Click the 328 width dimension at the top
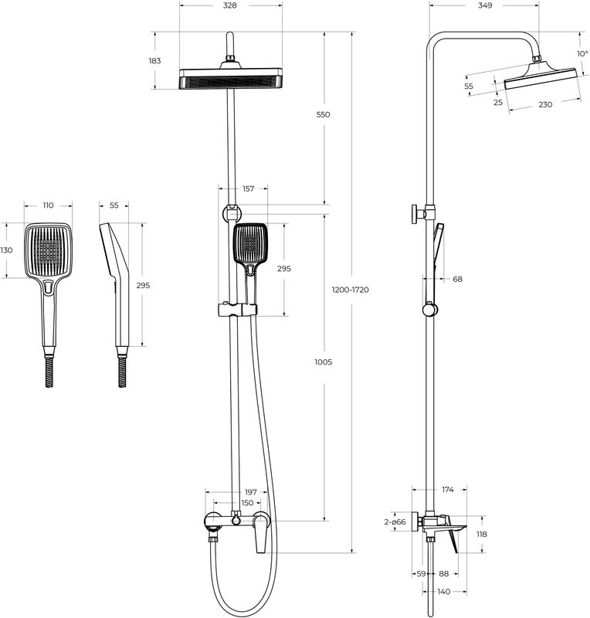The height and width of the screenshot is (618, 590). point(229,5)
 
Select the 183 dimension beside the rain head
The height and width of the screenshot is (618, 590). point(156,61)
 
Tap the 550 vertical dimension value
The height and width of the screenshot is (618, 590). point(323,114)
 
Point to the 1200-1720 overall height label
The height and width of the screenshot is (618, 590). point(351,290)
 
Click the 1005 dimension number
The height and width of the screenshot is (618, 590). point(323,362)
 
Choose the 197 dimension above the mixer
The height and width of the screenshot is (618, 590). point(250,491)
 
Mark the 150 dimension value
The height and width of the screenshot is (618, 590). point(247,503)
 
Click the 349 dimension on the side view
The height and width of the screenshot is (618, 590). point(485,5)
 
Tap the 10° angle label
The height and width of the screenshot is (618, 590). point(582,53)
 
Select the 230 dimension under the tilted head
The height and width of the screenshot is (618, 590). point(545,104)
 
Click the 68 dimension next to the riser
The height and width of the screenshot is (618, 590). point(457,279)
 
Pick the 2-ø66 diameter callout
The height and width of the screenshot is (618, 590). point(395,522)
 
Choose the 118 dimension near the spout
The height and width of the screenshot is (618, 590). point(481,534)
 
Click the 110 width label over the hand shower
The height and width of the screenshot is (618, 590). point(48,205)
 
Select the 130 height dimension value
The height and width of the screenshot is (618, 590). point(7,250)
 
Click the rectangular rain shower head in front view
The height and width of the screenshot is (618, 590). point(229,79)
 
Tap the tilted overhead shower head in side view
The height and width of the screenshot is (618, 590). point(541,76)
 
